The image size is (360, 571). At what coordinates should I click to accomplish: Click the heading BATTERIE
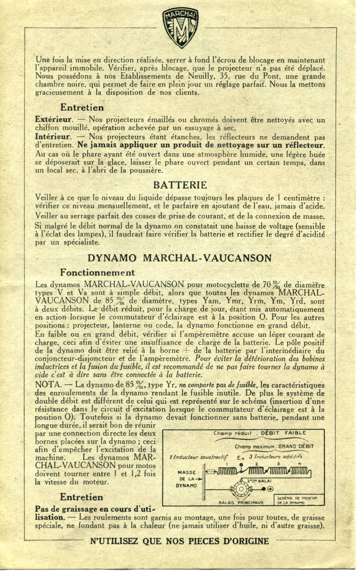[180, 185]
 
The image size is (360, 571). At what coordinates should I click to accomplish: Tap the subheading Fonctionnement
[97, 273]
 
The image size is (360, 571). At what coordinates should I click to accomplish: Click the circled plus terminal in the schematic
[270, 489]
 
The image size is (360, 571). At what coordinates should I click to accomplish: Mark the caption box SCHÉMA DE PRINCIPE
[298, 500]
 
